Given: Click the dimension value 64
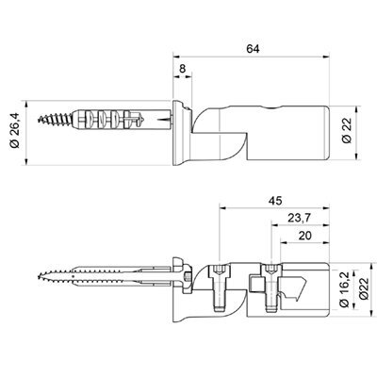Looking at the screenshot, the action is coord(253,49).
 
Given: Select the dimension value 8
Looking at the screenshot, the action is coord(182,69).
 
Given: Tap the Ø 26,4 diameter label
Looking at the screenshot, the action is coord(15,131).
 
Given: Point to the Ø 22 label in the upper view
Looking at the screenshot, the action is coord(347,130).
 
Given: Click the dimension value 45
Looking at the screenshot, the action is coord(275,201).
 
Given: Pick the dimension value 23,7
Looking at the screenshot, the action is coord(300,218).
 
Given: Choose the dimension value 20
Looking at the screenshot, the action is coord(305,236).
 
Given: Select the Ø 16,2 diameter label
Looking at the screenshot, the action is coord(345,289).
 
